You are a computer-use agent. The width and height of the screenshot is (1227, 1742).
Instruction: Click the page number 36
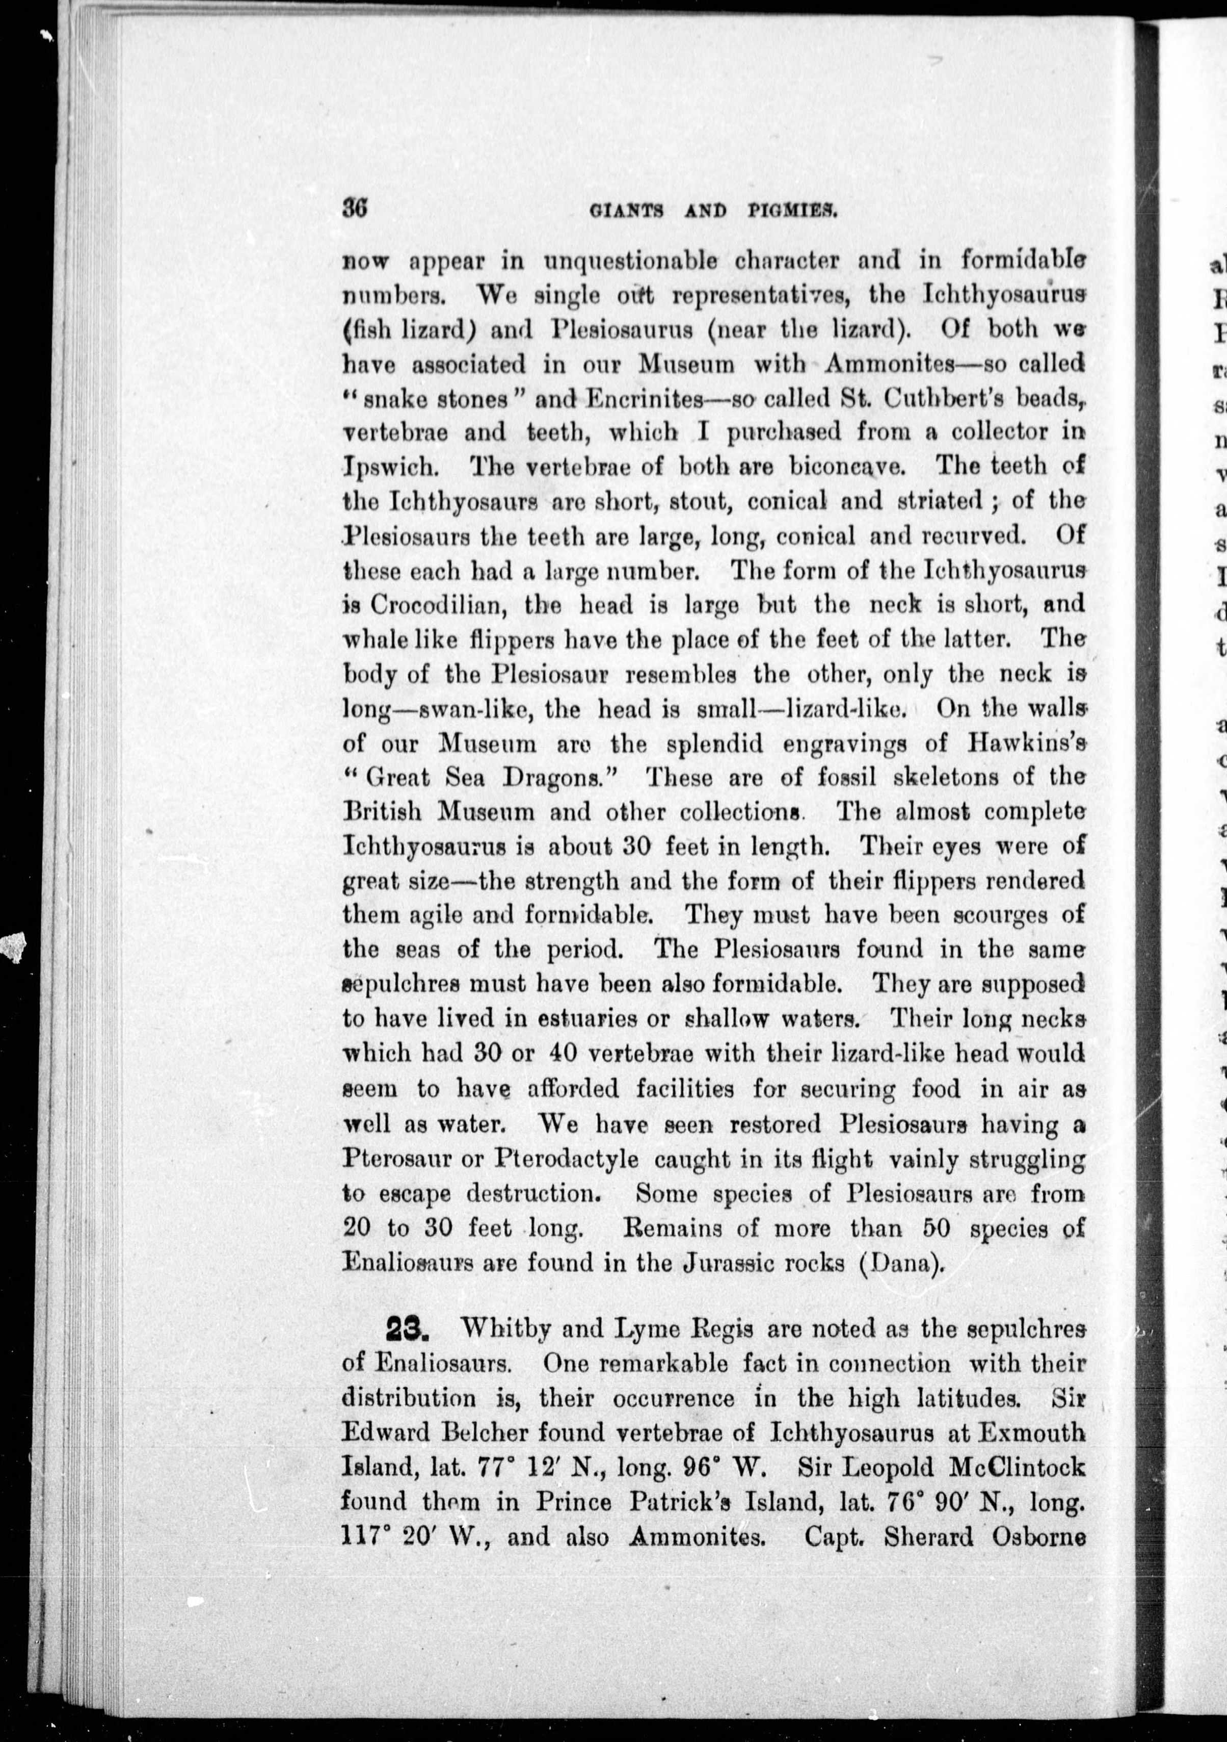coord(355,208)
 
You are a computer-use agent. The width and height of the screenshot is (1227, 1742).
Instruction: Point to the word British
coord(382,812)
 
